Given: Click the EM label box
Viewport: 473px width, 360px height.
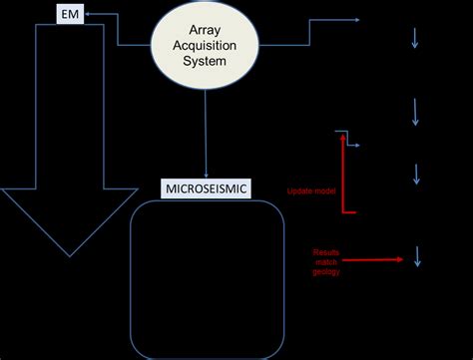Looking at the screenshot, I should (x=67, y=16).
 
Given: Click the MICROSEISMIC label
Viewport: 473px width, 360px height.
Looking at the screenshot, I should (x=205, y=186).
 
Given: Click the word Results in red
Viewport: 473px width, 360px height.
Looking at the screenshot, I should (x=326, y=253).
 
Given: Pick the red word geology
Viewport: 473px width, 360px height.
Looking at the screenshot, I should (x=326, y=271).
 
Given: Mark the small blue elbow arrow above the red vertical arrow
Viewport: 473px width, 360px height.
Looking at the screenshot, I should (x=348, y=140).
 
